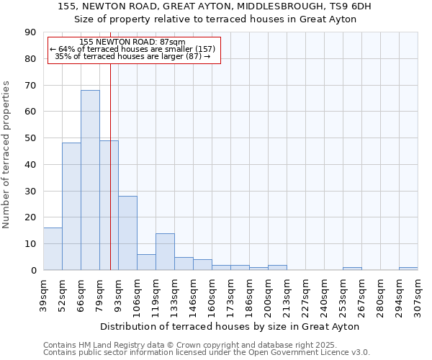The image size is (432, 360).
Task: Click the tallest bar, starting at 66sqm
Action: click(90, 180)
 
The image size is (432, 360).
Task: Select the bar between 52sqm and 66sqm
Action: click(71, 207)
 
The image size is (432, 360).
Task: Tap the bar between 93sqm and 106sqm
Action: click(127, 233)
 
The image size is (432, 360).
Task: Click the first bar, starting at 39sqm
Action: click(53, 248)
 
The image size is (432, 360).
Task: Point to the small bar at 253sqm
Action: click(352, 269)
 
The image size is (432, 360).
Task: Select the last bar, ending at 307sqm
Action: click(408, 269)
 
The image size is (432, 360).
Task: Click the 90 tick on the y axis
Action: click(30, 32)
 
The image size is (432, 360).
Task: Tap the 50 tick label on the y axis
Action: click(30, 138)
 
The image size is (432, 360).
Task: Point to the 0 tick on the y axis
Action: click(33, 270)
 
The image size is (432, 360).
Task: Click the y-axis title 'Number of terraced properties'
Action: click(6, 154)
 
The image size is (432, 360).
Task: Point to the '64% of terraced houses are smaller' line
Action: click(132, 50)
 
